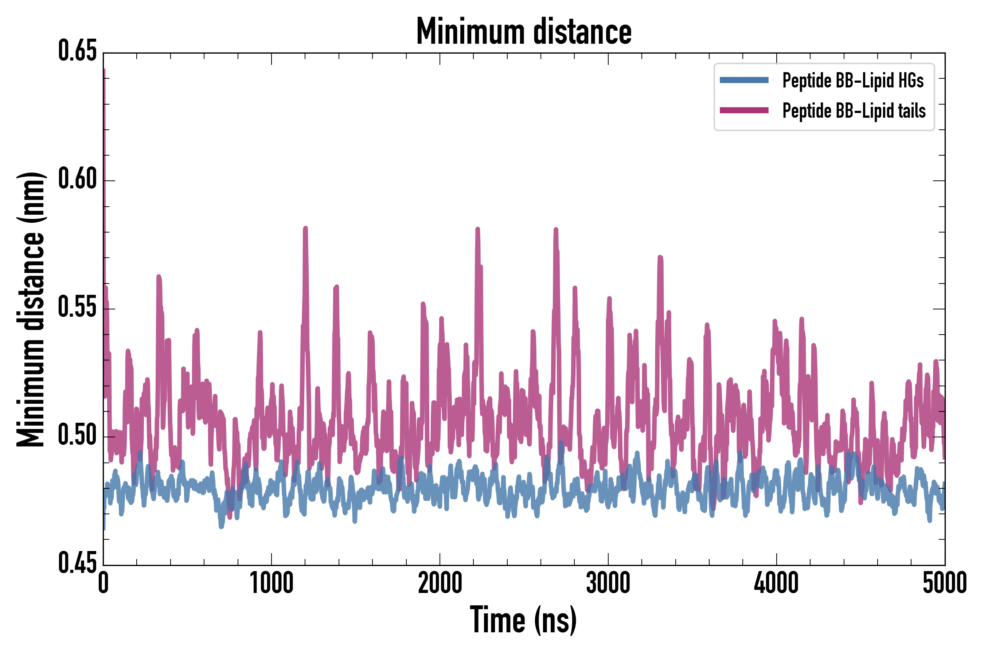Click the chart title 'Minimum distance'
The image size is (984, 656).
523,31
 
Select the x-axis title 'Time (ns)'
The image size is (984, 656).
523,620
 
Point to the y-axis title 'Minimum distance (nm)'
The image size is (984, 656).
31,309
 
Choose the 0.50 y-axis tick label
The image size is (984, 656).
77,436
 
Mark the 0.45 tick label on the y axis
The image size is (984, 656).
77,563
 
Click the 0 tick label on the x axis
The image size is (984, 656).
104,583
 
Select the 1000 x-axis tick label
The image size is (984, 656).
272,583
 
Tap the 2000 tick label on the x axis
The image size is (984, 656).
440,583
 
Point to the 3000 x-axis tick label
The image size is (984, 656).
608,583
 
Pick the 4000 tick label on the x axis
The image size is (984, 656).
776,583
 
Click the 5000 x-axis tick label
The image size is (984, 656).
944,583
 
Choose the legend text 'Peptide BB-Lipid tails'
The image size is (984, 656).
854,111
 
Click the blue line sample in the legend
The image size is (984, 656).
744,80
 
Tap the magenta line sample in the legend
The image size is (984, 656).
744,110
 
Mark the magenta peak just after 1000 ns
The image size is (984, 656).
305,229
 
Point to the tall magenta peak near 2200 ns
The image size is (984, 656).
477,229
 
